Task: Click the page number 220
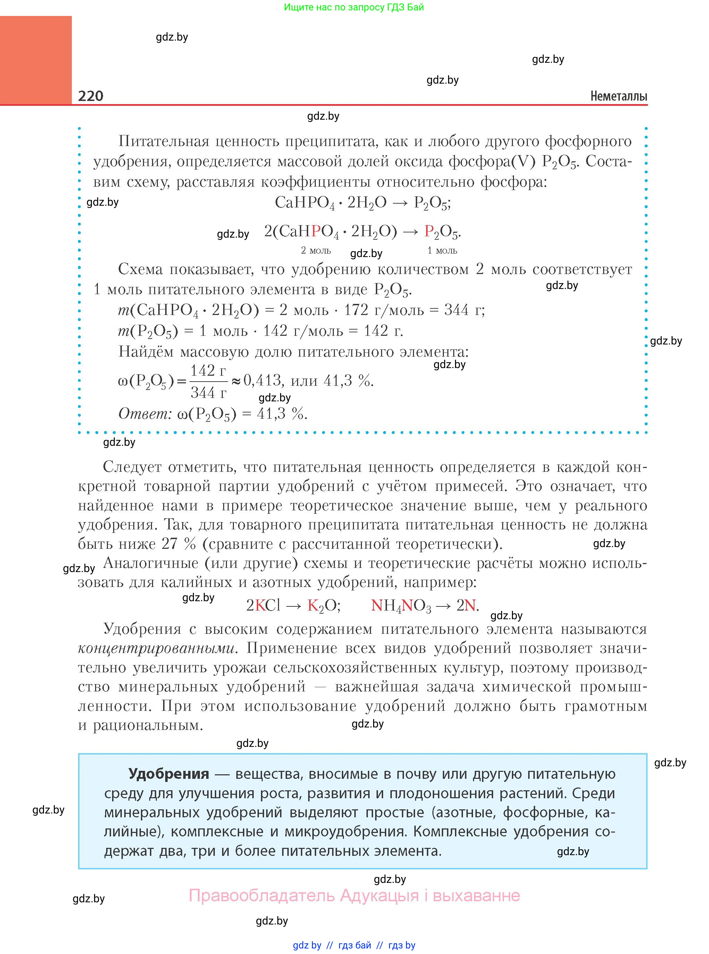coord(91,96)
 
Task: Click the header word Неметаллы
coord(618,96)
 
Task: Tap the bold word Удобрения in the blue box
coord(169,773)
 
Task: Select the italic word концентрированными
coord(157,648)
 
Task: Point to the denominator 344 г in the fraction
coord(208,392)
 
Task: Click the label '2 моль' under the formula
coord(315,250)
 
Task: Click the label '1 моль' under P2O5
coord(442,250)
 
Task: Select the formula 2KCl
coord(263,605)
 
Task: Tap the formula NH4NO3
coord(401,605)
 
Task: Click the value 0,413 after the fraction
coord(262,381)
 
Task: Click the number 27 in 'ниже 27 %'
coord(169,544)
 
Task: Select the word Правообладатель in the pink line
coord(261,895)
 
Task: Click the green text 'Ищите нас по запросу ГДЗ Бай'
coord(354,7)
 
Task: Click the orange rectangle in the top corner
coord(36,60)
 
